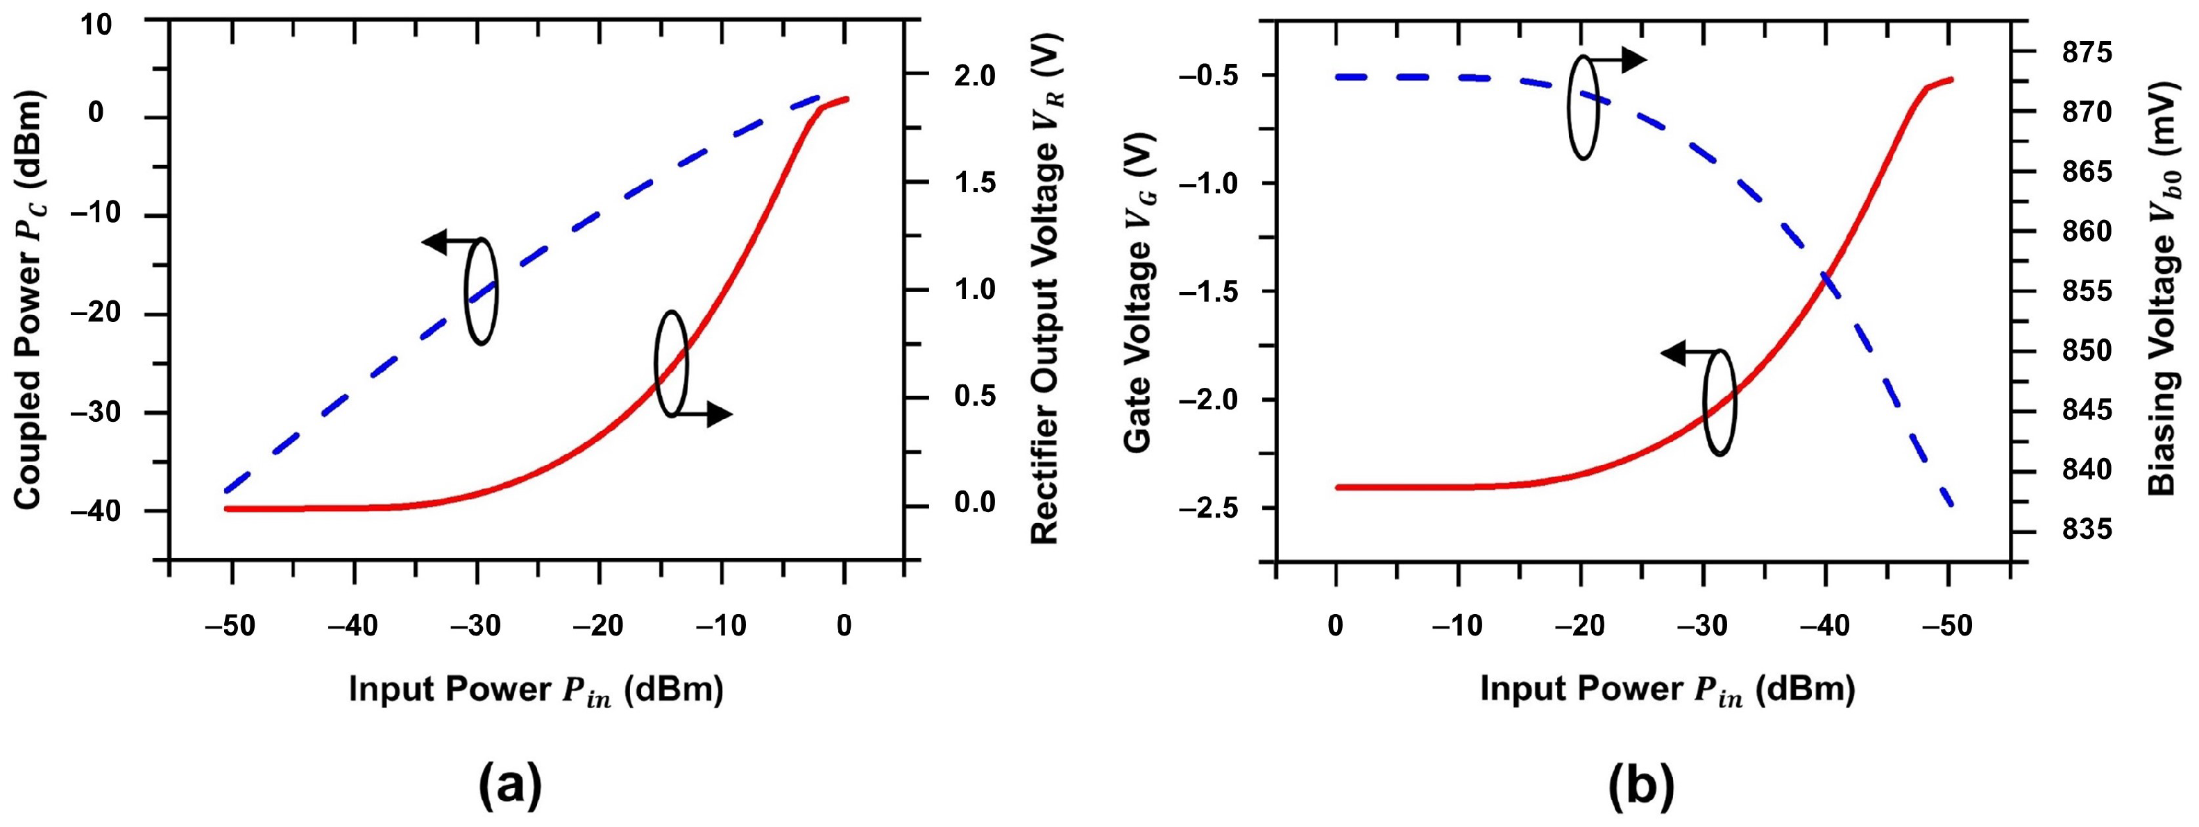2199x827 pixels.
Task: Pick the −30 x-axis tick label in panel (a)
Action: (477, 626)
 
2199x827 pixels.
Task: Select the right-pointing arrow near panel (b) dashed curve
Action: (1631, 60)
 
